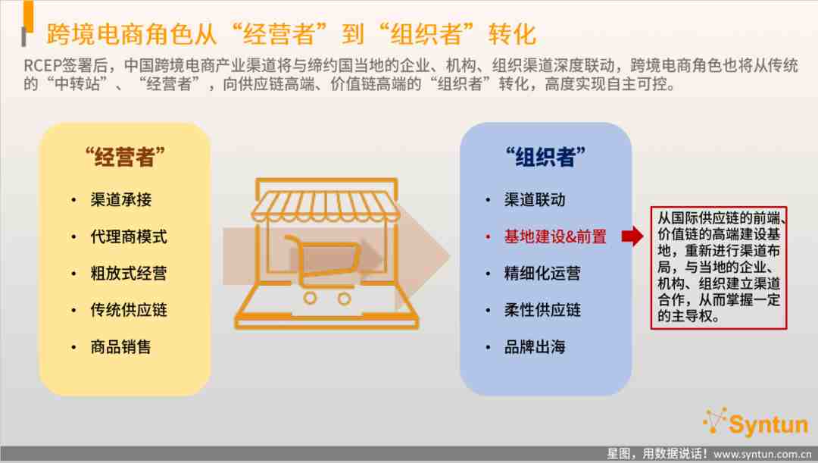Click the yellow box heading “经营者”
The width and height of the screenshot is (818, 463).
(x=125, y=157)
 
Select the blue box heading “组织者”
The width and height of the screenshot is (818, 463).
(x=545, y=157)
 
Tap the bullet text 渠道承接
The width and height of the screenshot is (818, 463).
(x=121, y=199)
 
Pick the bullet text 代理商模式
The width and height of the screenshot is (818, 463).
(x=129, y=236)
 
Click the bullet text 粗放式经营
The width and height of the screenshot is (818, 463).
(x=129, y=273)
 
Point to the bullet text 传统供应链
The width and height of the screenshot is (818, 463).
(x=129, y=310)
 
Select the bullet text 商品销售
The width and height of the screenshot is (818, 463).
(x=121, y=346)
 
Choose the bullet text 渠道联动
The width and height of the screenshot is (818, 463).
(x=535, y=199)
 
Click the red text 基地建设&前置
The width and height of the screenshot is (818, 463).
(x=555, y=236)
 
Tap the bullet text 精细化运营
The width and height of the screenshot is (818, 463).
(x=542, y=273)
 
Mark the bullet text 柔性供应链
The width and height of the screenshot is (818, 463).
(x=542, y=310)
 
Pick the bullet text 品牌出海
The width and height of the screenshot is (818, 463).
(x=535, y=346)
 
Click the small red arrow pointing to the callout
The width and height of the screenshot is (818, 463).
(x=632, y=236)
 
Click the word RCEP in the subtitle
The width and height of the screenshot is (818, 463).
(x=42, y=66)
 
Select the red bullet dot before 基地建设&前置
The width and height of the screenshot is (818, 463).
(x=488, y=237)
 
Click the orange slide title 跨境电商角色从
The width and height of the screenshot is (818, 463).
(x=132, y=34)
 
